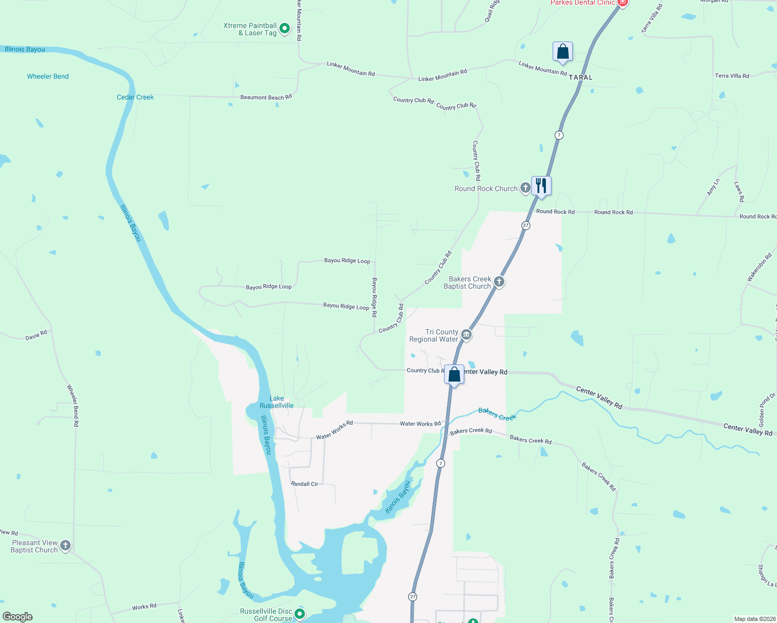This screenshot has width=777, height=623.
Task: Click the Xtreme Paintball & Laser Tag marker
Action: coord(285,29)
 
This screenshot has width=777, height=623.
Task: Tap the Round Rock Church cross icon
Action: coord(525,188)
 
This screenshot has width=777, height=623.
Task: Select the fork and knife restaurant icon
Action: coord(541,186)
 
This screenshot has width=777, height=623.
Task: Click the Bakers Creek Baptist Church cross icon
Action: coord(499,282)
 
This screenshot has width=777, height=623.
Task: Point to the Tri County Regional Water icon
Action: coord(466,335)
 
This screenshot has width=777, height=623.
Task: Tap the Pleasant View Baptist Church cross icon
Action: coord(65,545)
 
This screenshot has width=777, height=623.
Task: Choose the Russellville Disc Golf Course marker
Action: coord(300,614)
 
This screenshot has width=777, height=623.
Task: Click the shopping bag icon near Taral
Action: coord(562,52)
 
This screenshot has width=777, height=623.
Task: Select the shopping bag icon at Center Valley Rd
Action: coord(454,375)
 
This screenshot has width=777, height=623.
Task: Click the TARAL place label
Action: coord(580,77)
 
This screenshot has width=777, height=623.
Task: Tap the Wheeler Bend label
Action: coord(48,76)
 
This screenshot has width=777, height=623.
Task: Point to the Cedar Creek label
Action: coord(135,97)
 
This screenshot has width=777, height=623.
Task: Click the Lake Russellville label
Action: coord(277,402)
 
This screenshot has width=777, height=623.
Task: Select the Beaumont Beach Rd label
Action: coord(266,97)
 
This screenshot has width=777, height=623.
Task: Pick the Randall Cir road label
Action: coord(304,484)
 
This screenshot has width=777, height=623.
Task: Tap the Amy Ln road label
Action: coord(713,187)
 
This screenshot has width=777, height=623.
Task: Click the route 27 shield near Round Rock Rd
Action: coord(526,225)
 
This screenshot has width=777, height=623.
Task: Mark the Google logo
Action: coord(18,616)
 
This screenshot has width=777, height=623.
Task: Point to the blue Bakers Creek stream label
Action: coord(497,414)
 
